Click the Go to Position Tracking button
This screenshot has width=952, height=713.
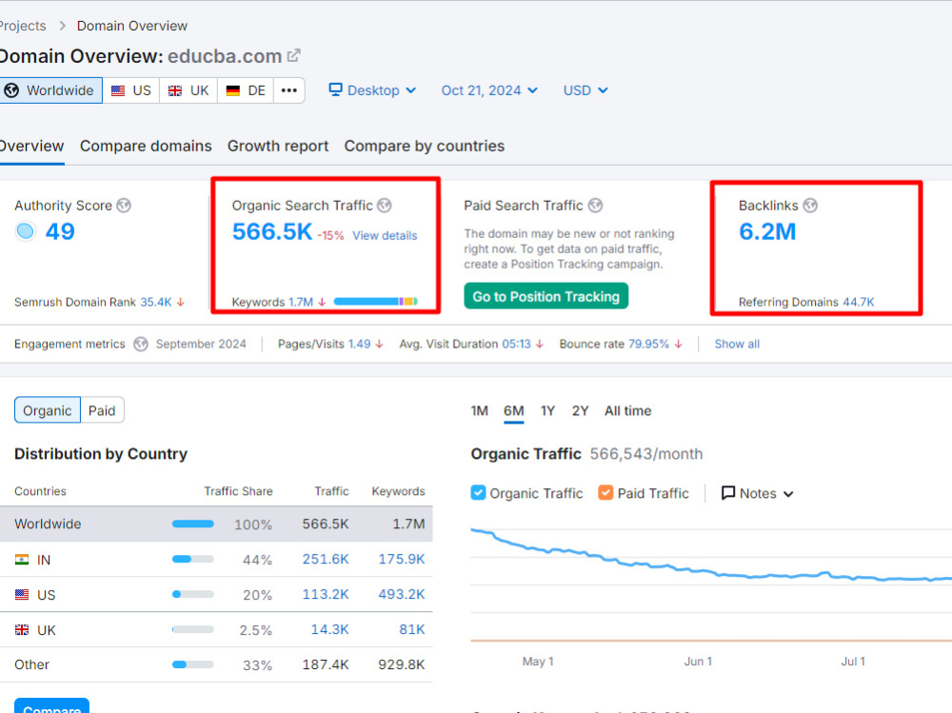[x=545, y=296]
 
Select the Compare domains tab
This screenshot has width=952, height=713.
[x=146, y=147]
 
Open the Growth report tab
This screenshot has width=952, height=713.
[x=278, y=147]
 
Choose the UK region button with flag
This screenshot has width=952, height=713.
[x=188, y=90]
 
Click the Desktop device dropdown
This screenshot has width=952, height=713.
[x=372, y=90]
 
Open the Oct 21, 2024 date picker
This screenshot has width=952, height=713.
[x=489, y=90]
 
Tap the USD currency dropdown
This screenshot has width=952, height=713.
[x=585, y=90]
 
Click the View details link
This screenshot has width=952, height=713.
[x=385, y=236]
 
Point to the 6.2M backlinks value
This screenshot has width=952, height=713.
[x=767, y=231]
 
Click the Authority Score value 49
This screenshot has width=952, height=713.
[x=60, y=231]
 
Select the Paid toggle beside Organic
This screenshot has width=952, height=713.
[x=102, y=410]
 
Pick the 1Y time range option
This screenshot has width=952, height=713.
[x=547, y=411]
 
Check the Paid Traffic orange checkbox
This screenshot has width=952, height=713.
[x=605, y=492]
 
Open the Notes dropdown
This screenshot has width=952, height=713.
[x=757, y=493]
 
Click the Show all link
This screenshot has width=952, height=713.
[x=737, y=344]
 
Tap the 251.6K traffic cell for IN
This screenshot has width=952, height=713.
[x=326, y=559]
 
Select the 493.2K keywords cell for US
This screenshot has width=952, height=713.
[x=402, y=594]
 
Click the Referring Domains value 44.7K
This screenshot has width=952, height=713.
[x=859, y=302]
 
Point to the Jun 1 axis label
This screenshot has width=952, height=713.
[x=698, y=662]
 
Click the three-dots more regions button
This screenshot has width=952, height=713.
[x=289, y=90]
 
